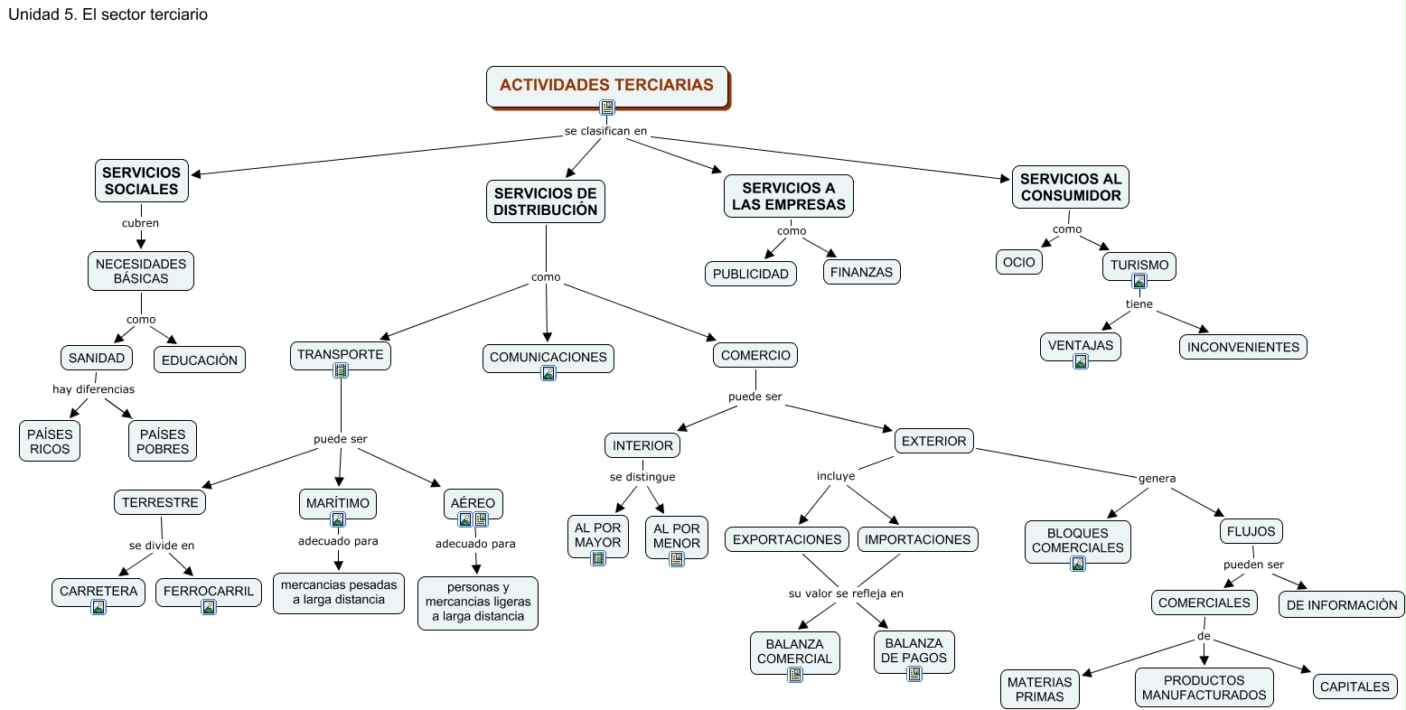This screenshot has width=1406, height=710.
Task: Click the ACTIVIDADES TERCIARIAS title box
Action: point(606,86)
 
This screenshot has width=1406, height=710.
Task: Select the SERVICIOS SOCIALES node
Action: point(141,181)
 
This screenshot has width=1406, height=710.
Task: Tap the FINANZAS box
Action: point(861,272)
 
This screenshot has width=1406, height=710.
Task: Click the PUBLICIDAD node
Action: point(750,274)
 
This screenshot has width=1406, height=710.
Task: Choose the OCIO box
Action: point(1018,262)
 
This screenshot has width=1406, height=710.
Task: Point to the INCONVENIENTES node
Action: point(1242,347)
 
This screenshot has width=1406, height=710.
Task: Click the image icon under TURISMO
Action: point(1139,281)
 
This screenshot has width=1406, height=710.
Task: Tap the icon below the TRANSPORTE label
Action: point(341,370)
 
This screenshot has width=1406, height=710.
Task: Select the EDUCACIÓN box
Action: point(199,360)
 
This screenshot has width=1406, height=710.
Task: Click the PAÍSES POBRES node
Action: point(163,441)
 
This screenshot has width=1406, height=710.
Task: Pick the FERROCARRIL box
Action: point(209,592)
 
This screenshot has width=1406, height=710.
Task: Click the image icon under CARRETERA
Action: point(98,608)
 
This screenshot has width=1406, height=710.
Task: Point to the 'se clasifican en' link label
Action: point(605,131)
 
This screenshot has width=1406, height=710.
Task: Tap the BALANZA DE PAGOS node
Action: point(914,650)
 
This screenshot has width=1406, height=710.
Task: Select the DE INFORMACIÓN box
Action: point(1341,605)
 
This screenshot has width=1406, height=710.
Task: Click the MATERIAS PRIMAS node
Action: point(1039,689)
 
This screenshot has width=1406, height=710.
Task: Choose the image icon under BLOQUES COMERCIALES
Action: point(1078,564)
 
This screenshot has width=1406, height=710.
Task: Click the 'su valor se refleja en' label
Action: point(846,593)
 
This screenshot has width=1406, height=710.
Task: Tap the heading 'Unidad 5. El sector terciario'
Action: point(108,14)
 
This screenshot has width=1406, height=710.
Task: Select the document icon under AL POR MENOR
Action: point(677,559)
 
